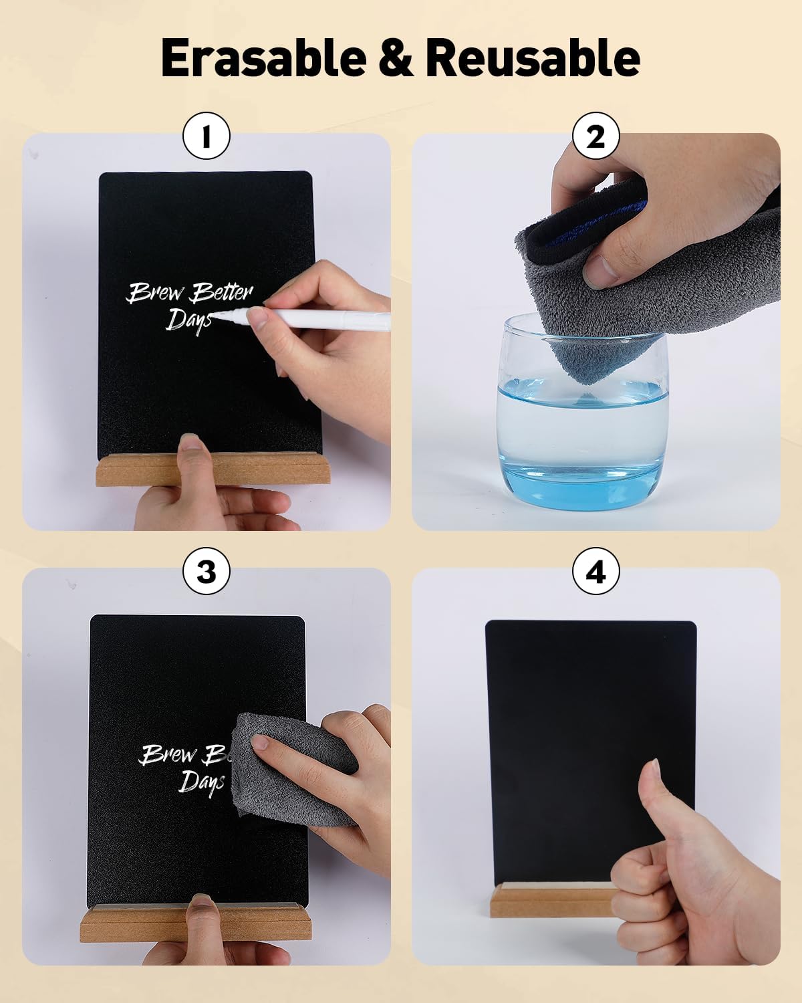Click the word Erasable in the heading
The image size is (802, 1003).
[x=263, y=58]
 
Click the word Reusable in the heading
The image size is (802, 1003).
[x=533, y=58]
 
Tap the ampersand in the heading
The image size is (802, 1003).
[x=396, y=58]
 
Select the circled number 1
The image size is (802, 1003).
[x=207, y=136]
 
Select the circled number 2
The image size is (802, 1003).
[x=595, y=136]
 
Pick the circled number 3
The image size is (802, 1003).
[x=207, y=571]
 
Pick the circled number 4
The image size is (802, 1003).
[x=595, y=571]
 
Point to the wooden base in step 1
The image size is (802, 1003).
[x=212, y=469]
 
